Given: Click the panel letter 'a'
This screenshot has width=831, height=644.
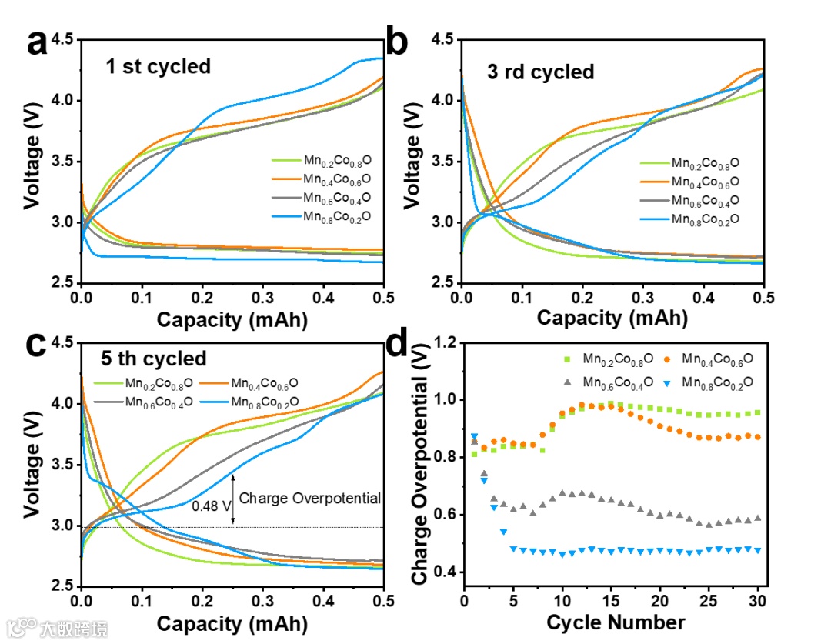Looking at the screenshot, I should [x=37, y=44].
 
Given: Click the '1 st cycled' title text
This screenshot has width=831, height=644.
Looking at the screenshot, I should [x=158, y=66].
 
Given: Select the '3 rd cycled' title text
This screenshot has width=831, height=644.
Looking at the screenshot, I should [x=540, y=72].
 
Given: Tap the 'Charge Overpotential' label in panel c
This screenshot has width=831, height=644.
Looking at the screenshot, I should [x=310, y=498].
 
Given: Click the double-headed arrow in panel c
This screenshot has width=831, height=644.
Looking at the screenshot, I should [x=234, y=499].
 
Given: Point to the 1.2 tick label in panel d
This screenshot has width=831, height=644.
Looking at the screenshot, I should [x=447, y=342].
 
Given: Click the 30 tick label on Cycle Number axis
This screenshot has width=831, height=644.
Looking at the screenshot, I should [x=758, y=599].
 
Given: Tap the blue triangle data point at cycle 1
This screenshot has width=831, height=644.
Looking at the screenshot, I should [x=475, y=437].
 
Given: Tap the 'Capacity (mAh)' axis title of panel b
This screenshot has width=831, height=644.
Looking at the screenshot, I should [x=612, y=317].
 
